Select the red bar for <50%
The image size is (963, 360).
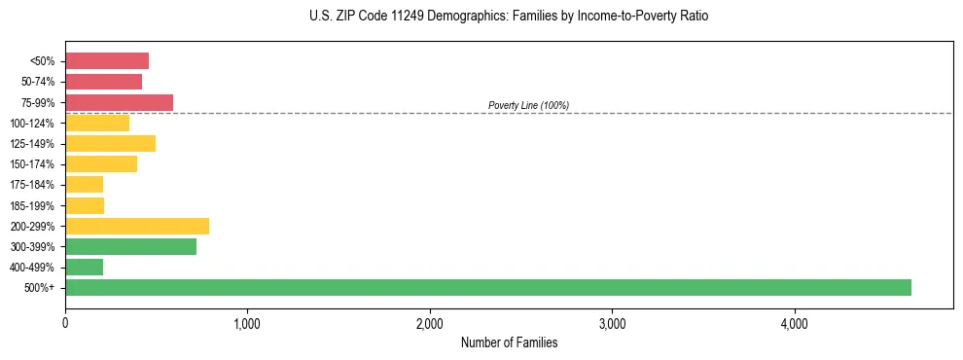pos(107,61)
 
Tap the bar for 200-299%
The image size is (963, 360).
pos(137,226)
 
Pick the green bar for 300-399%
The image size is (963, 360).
pos(130,246)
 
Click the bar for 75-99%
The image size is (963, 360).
pos(119,102)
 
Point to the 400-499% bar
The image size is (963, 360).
pos(84,267)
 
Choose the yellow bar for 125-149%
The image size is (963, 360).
pos(110,144)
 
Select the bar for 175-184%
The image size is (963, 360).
pos(84,185)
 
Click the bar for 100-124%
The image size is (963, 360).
pos(97,123)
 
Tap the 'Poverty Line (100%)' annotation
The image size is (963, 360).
pos(528,105)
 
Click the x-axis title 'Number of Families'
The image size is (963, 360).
pos(509,342)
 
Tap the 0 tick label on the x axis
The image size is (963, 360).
pos(65,323)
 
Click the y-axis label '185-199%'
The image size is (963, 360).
pos(35,205)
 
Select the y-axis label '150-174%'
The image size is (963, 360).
pos(35,164)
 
